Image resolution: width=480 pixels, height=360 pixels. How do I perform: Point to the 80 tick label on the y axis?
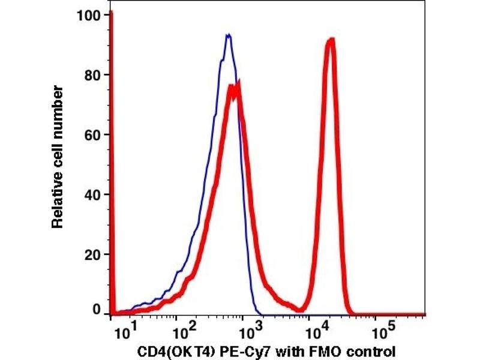tap(93, 75)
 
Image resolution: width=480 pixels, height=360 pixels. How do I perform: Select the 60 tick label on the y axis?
tap(93, 135)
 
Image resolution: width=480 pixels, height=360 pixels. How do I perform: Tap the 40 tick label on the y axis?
tap(93, 194)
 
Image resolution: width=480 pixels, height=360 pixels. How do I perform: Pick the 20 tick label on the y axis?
tap(93, 254)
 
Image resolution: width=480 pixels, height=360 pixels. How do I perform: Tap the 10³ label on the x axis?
tap(247, 329)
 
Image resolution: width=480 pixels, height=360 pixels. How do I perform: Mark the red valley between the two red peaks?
tap(298, 310)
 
